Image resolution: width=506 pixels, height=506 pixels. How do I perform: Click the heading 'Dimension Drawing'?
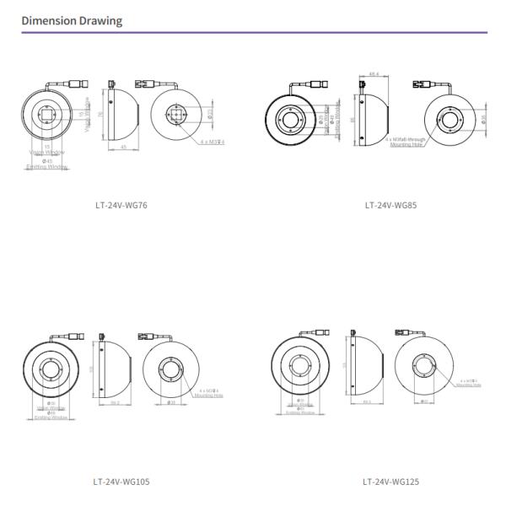click(x=71, y=20)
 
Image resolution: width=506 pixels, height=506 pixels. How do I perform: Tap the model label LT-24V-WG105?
click(x=121, y=482)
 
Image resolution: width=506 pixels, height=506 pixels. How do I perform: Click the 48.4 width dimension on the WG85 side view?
click(x=373, y=75)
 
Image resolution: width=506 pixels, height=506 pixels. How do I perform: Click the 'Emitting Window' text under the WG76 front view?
click(x=47, y=166)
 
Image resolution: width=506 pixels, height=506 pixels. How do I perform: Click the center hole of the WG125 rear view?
click(x=422, y=368)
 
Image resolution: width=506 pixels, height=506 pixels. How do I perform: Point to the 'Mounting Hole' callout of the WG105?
click(x=207, y=394)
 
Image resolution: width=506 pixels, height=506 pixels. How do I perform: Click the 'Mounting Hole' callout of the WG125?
click(x=469, y=385)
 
